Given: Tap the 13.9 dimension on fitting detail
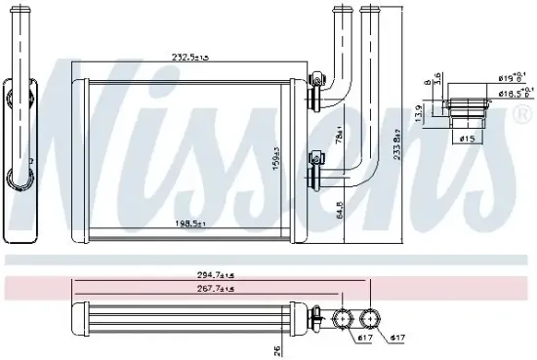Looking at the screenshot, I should click(420, 115).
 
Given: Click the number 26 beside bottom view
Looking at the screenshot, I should click(277, 348).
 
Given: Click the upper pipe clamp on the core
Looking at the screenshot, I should click(315, 95).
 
